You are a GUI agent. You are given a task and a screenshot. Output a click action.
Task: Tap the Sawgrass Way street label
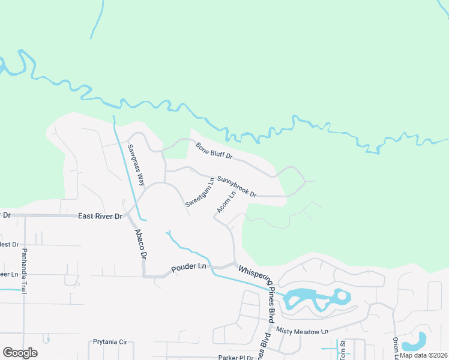click(x=136, y=164)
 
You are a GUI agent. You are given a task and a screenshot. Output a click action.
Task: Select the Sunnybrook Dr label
click(x=237, y=187)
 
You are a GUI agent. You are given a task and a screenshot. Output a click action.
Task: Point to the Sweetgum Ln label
click(x=200, y=193)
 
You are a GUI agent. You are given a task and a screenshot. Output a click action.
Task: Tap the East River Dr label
click(x=100, y=215)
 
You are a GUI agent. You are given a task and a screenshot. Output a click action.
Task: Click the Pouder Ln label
click(x=188, y=266)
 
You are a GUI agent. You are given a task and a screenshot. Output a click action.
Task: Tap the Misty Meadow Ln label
click(x=302, y=331)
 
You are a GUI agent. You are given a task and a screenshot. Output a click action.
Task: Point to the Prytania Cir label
click(x=111, y=342)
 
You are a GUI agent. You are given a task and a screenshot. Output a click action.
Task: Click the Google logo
click(x=20, y=353)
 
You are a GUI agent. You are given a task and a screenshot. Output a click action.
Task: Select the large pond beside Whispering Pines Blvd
click(x=312, y=299)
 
